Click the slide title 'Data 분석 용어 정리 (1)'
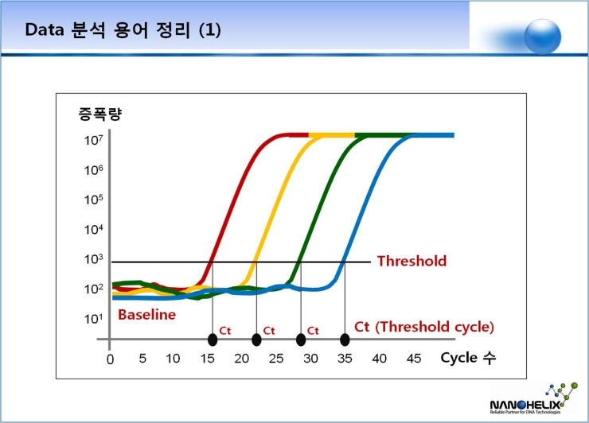[x=123, y=30]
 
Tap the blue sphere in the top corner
[x=544, y=34]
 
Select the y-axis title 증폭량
[x=99, y=113]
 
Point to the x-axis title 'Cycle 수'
[x=468, y=358]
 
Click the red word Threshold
[x=412, y=261]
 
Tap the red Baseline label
[x=146, y=314]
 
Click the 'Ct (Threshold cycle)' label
[x=423, y=327]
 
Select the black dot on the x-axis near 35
[x=345, y=340]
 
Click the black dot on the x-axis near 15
[x=213, y=340]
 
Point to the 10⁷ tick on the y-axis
[x=93, y=142]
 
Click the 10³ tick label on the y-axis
[x=93, y=259]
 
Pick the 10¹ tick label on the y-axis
[x=93, y=319]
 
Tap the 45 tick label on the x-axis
[x=414, y=359]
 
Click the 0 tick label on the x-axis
[x=110, y=359]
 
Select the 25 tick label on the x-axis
[x=275, y=359]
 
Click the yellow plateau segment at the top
[x=333, y=135]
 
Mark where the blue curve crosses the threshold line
[x=344, y=262]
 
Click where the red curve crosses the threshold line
[x=212, y=262]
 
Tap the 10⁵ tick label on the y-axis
[x=93, y=200]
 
